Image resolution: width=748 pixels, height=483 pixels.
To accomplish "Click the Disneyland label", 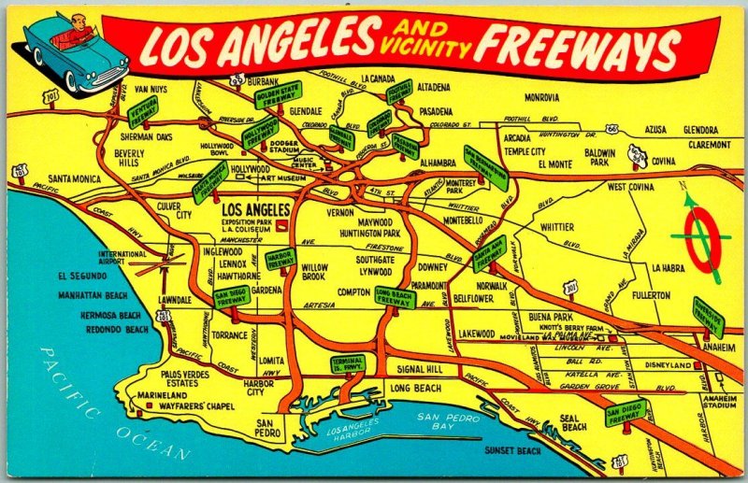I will click(x=668, y=364).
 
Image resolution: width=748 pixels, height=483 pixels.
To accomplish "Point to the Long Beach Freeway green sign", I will click(x=394, y=298).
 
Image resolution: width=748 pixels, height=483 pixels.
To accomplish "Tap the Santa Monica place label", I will click(x=79, y=178).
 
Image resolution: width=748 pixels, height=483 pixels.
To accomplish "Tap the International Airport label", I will click(x=122, y=257).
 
